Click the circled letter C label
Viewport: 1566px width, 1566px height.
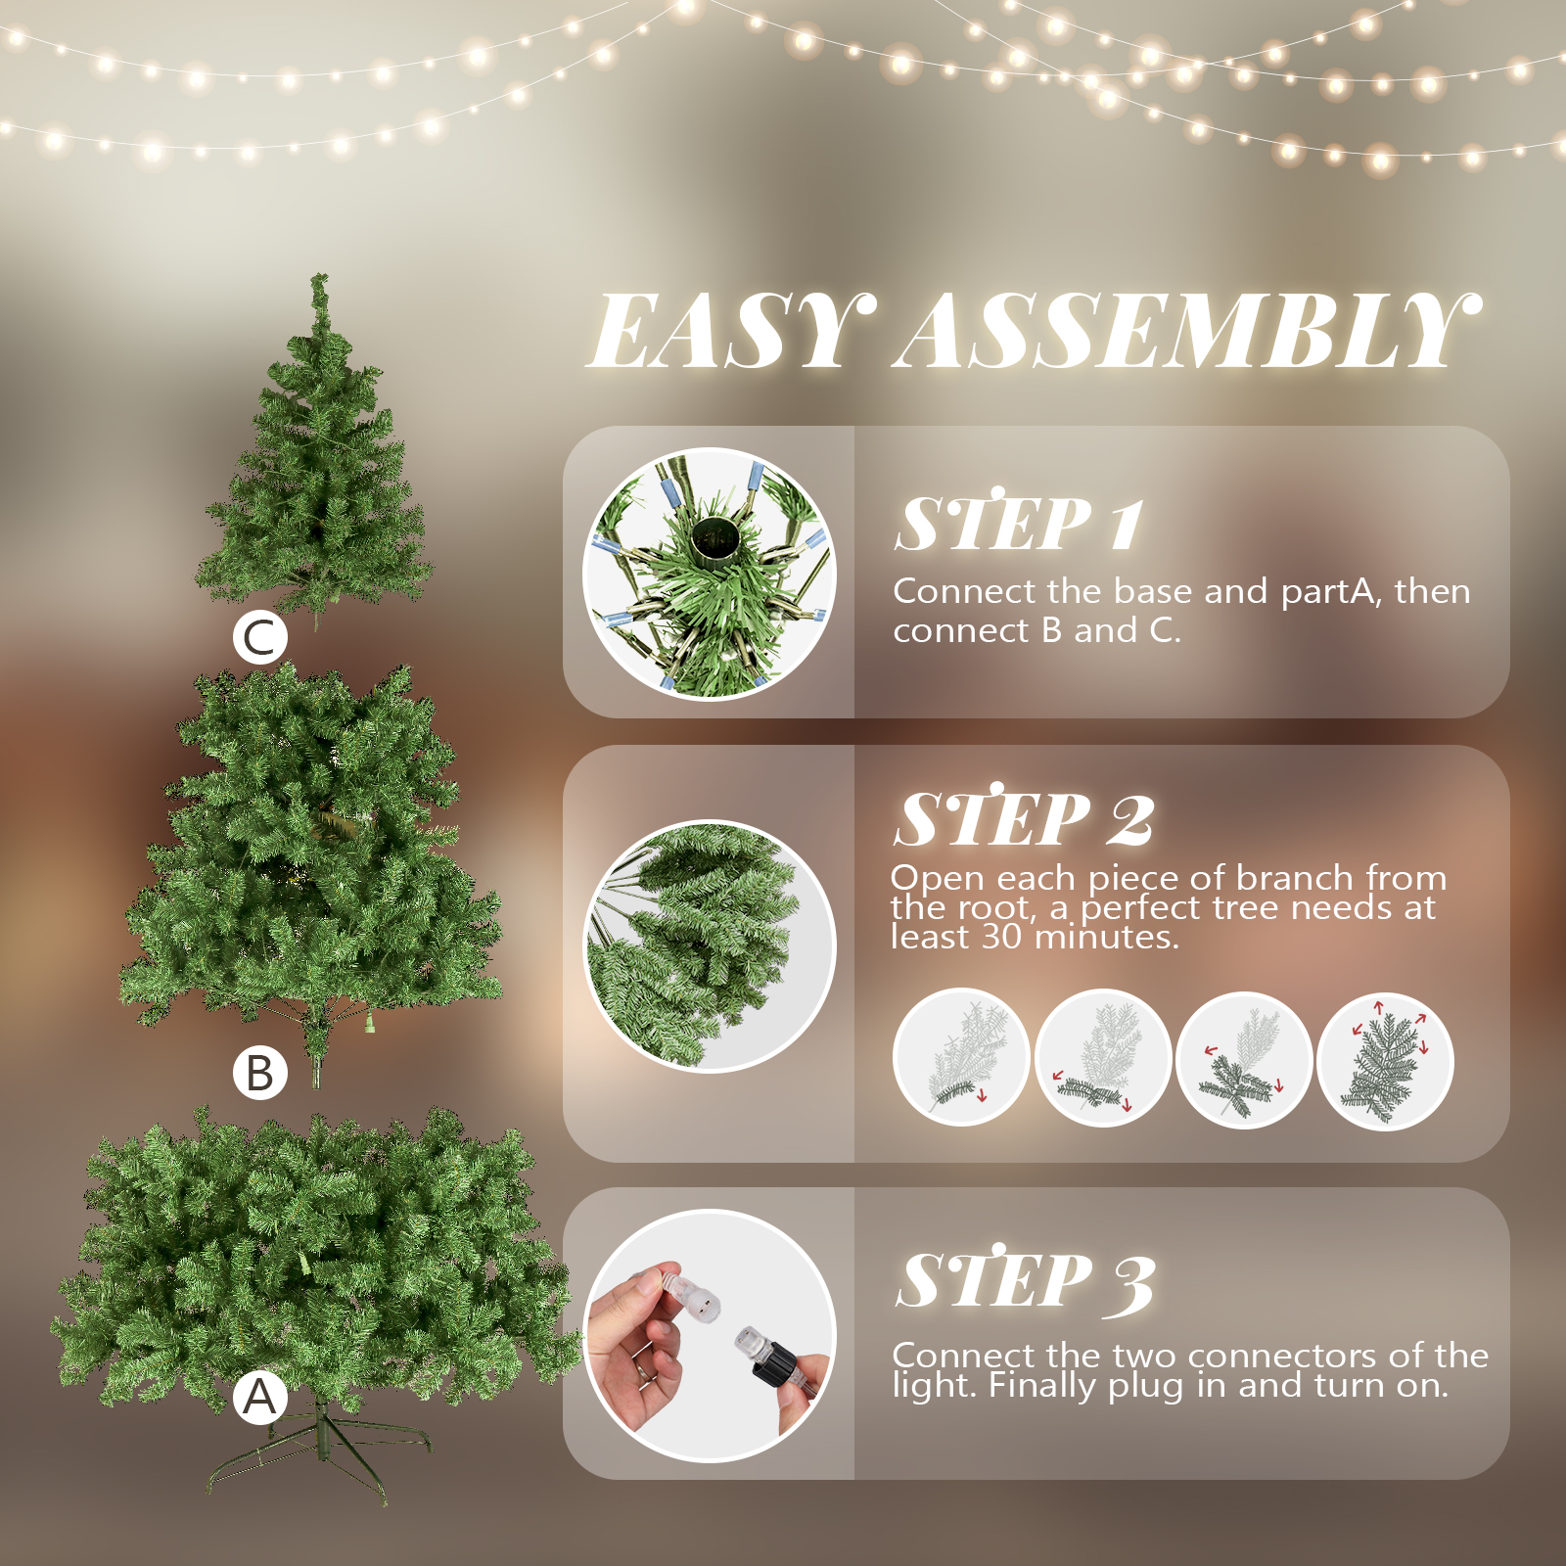[x=260, y=638]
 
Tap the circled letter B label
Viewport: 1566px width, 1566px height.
[x=260, y=1073]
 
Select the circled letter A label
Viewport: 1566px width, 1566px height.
[x=260, y=1397]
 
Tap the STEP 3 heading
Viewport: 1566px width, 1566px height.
[x=1025, y=1279]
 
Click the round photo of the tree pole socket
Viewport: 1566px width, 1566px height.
[x=710, y=575]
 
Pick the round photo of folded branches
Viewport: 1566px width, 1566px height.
[x=710, y=946]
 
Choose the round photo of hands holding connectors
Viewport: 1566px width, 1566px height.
[x=710, y=1336]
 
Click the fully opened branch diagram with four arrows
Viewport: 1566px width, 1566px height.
[x=1385, y=1060]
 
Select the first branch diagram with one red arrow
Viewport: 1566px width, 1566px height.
[x=961, y=1057]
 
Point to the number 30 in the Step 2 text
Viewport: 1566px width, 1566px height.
[x=1001, y=938]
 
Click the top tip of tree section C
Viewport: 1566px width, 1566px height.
[x=318, y=277]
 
